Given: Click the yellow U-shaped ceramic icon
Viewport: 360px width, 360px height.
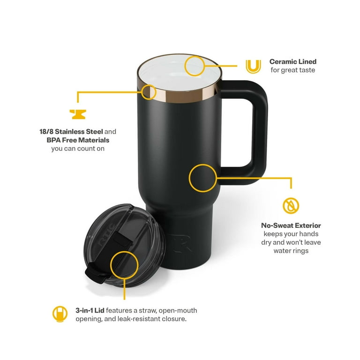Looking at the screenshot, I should [253, 66].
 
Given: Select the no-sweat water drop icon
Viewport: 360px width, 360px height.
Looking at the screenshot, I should [291, 205].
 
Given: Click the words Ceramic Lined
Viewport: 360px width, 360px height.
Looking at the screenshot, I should [292, 61].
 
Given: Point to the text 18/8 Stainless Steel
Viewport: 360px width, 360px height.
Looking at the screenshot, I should [71, 132].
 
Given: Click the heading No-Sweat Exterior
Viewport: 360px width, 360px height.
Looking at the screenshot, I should [291, 225].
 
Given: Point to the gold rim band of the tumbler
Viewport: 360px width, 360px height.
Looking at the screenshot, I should [206, 94].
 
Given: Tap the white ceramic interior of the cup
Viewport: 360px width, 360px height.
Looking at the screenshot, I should [173, 75].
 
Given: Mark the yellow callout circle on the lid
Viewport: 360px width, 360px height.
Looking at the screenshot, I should [124, 263].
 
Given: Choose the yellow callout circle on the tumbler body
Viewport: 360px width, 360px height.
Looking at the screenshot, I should [202, 178].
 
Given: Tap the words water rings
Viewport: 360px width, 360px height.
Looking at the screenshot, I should [291, 251].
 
